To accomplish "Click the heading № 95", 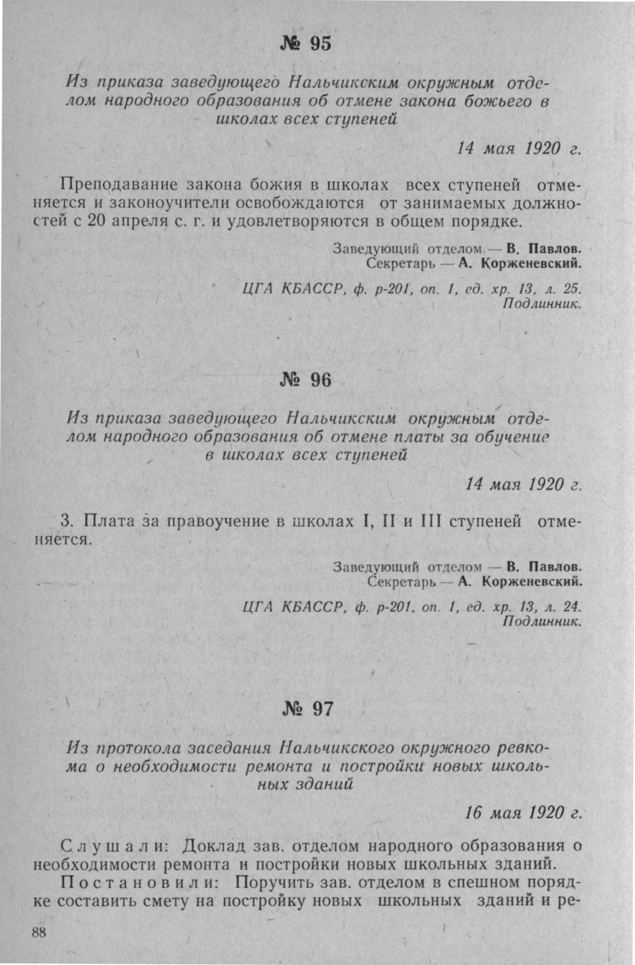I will coord(306,43).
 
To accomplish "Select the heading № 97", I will coord(308,708).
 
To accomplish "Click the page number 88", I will coord(39,932).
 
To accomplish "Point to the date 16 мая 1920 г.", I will coord(523,813).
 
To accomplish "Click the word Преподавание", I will coord(118,184).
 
